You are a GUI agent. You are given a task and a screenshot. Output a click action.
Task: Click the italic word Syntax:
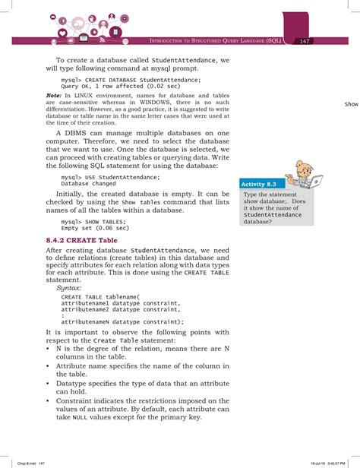[73, 289]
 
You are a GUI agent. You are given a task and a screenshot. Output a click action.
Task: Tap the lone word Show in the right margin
[351, 104]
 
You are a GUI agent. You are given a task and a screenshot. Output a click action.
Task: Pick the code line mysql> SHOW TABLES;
[95, 221]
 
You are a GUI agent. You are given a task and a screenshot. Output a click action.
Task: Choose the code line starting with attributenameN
[122, 321]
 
